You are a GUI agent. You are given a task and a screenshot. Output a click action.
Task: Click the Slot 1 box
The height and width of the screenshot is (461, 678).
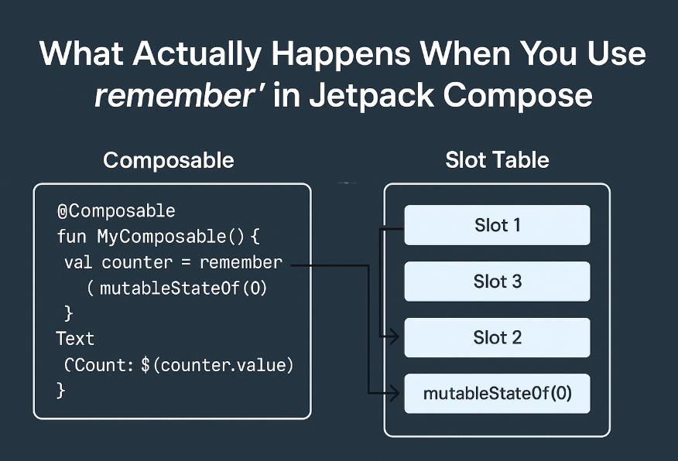coord(497,225)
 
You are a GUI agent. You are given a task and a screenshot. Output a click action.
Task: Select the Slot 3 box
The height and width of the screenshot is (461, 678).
coord(497,282)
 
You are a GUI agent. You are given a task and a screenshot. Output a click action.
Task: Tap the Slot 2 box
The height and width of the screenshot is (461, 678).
coord(497,337)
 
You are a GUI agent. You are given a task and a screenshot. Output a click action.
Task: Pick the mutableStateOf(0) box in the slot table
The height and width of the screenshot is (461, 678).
coord(497,394)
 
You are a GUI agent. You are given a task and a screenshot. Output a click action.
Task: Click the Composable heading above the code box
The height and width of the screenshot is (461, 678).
coord(169,161)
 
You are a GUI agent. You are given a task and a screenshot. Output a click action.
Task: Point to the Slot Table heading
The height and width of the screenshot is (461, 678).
coord(497,160)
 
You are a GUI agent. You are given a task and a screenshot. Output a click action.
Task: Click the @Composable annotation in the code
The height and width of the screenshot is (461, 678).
coord(116,211)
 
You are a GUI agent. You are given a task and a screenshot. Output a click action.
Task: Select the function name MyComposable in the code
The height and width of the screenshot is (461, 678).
coord(161,237)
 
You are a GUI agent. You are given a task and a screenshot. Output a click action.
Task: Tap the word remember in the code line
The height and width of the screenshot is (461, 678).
coord(241,262)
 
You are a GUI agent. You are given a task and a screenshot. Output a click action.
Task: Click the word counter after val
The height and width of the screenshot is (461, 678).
coord(137,263)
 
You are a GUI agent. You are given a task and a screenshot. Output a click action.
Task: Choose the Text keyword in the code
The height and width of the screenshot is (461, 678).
coord(75,339)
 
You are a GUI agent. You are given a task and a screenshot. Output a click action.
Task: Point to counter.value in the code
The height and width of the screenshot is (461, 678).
coord(223,366)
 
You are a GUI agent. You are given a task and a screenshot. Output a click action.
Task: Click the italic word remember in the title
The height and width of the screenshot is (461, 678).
coord(175,96)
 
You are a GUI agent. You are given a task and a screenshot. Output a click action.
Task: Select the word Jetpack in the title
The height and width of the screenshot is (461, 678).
coord(372,95)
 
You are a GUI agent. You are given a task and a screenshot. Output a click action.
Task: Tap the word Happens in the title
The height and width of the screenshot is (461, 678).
coord(341,55)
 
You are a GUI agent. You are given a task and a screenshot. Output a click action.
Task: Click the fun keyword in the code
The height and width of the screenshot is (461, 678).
coord(72,237)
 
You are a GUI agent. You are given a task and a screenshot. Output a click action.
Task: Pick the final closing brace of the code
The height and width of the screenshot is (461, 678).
coord(61,391)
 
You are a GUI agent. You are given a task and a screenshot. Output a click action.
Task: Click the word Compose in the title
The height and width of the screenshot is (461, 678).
coord(518,96)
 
